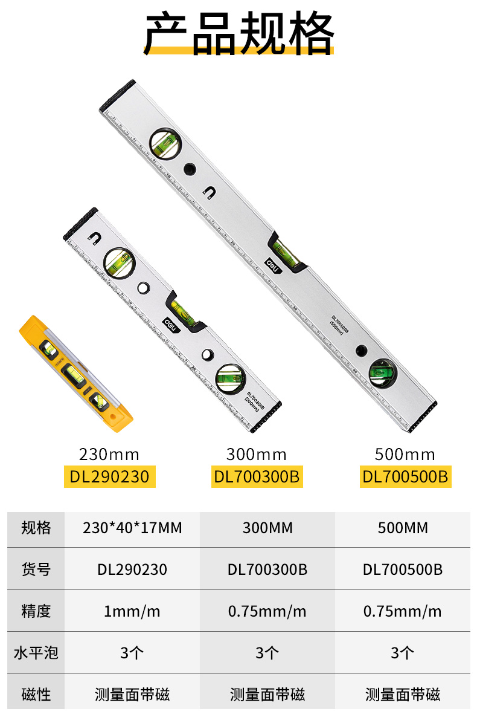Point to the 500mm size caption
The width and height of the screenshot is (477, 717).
[405, 454]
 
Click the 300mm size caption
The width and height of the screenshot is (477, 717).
[257, 454]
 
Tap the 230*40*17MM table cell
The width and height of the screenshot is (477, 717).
[132, 528]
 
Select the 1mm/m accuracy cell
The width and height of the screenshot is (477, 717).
[132, 611]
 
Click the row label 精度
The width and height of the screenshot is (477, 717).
[36, 611]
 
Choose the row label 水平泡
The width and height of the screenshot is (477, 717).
[36, 653]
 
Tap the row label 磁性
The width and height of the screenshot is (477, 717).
[36, 695]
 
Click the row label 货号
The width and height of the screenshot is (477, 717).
[36, 569]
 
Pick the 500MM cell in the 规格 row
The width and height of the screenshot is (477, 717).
[403, 528]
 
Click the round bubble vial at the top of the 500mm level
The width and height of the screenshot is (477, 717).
[164, 143]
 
